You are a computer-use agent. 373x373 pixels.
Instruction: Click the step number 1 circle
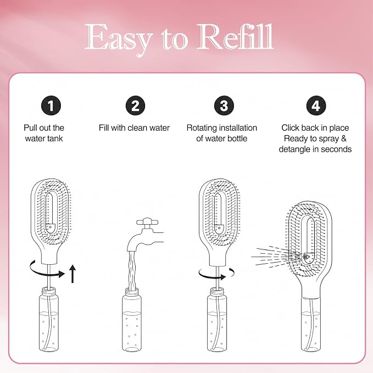51,105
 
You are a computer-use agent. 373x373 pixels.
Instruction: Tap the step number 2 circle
135,105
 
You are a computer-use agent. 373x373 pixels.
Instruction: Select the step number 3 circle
224,105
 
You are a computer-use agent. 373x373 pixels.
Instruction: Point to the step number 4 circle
316,105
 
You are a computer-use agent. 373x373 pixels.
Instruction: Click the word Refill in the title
236,37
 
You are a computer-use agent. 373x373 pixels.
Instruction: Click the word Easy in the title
118,40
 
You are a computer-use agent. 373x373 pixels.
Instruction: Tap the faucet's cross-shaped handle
147,222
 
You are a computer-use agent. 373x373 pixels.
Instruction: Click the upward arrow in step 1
73,274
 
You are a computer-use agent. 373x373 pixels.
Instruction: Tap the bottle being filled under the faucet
132,320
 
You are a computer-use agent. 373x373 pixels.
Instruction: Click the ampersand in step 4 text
343,138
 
